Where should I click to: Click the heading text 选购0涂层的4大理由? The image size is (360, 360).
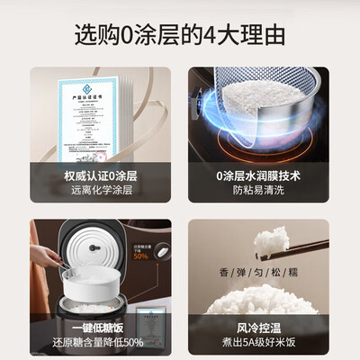[179, 36]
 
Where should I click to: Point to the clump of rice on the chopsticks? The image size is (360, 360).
[272, 241]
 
